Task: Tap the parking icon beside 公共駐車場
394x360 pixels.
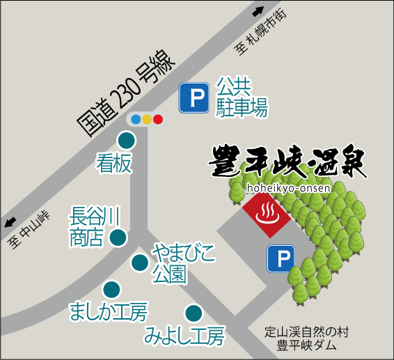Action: tap(194, 98)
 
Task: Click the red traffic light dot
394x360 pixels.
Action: tap(158, 119)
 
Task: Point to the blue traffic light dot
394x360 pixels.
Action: tap(136, 119)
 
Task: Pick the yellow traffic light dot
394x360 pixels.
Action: tap(147, 119)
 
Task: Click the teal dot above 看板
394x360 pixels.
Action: tap(129, 141)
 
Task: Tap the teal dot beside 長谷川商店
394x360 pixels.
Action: tap(118, 237)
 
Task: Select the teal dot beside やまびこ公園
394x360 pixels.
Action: tap(139, 263)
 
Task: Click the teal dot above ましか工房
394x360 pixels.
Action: tap(111, 289)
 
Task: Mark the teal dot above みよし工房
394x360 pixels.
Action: tap(193, 313)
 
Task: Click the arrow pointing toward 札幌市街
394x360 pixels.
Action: tap(258, 10)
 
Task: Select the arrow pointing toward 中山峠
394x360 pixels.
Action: tap(10, 223)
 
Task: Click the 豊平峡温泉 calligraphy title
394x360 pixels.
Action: tap(288, 162)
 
